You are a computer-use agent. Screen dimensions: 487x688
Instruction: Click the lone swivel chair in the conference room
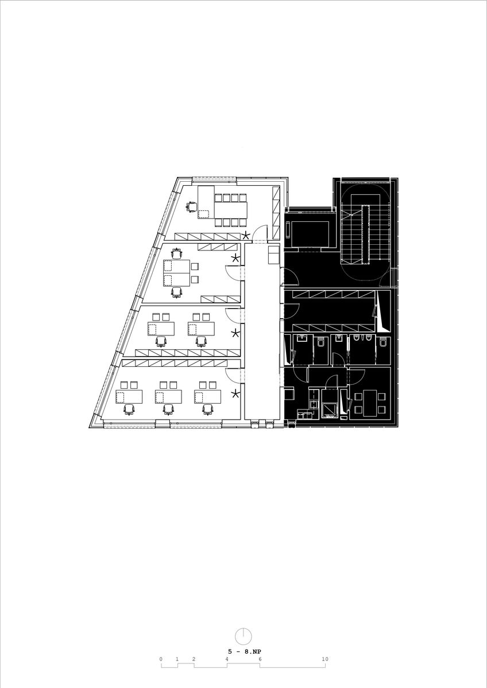coord(191,207)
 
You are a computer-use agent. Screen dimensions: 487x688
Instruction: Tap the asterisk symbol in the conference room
coord(245,236)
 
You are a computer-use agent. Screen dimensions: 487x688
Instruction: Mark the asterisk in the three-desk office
coord(235,393)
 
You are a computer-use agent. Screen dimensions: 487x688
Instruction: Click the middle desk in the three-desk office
coord(169,397)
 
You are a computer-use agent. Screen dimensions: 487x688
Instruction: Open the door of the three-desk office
coord(233,376)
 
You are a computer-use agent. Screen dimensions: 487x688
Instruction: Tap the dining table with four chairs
coord(370,403)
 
